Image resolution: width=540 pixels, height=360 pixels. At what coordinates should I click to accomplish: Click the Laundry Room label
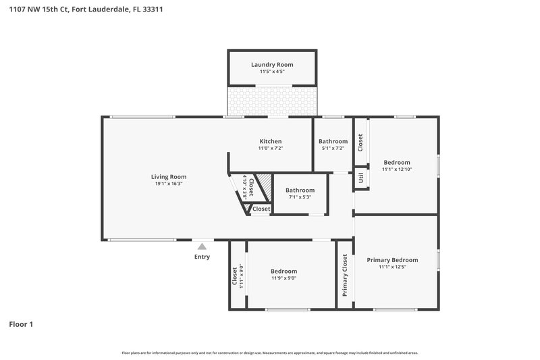pyautogui.click(x=272, y=65)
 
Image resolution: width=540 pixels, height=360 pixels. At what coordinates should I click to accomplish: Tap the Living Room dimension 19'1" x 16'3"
pyautogui.click(x=169, y=184)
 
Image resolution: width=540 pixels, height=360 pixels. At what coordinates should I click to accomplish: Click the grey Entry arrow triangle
pyautogui.click(x=202, y=247)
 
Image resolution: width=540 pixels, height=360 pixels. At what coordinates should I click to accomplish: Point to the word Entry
pyautogui.click(x=202, y=257)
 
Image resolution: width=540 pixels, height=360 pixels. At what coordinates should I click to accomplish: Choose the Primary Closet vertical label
pyautogui.click(x=345, y=275)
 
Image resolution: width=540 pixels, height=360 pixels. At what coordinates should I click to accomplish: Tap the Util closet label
pyautogui.click(x=361, y=178)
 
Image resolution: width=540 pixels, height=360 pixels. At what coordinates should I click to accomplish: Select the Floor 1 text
pyautogui.click(x=21, y=324)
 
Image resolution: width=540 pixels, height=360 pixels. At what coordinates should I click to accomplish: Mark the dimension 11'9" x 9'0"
pyautogui.click(x=284, y=278)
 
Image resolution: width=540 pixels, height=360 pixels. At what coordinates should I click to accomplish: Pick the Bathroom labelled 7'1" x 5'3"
pyautogui.click(x=300, y=190)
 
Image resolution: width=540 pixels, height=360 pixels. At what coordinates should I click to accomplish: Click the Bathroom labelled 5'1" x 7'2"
pyautogui.click(x=333, y=141)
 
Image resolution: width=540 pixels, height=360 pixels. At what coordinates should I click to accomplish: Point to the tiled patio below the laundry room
pyautogui.click(x=272, y=101)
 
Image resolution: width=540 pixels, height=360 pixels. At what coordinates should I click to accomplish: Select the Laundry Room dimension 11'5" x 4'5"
pyautogui.click(x=272, y=72)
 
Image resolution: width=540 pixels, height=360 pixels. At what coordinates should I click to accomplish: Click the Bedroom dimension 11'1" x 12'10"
pyautogui.click(x=397, y=170)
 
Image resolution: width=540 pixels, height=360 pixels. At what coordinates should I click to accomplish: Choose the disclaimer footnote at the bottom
pyautogui.click(x=270, y=353)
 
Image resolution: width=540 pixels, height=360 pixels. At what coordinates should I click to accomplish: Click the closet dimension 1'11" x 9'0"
pyautogui.click(x=241, y=275)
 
